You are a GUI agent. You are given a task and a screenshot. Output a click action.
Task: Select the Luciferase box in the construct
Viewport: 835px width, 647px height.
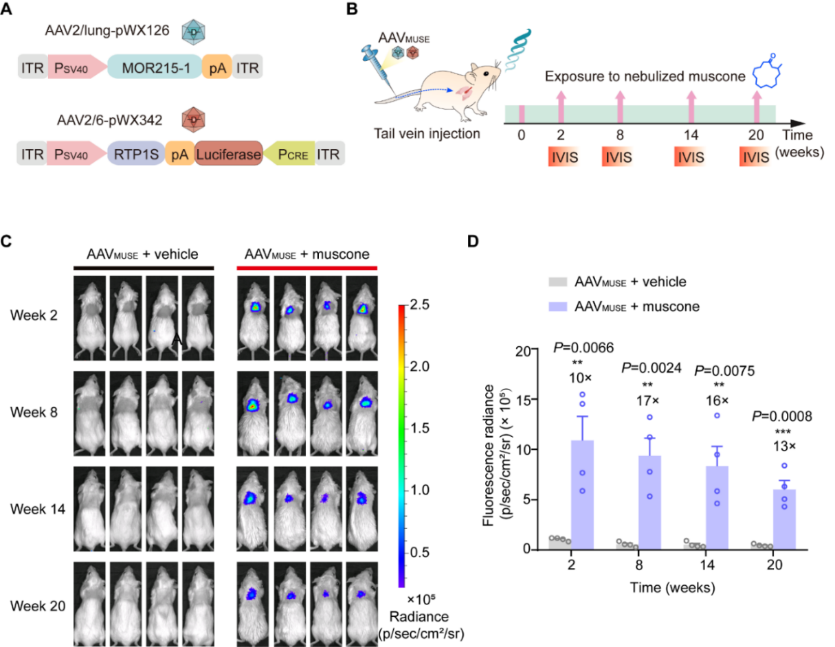229,157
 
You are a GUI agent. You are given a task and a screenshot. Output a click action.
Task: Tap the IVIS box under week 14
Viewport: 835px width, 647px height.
691,157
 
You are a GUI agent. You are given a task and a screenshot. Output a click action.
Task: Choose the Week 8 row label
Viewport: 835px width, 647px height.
33,413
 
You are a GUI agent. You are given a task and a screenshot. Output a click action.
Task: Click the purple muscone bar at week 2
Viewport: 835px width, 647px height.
581,495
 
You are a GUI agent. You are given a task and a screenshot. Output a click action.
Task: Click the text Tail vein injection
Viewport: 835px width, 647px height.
427,133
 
